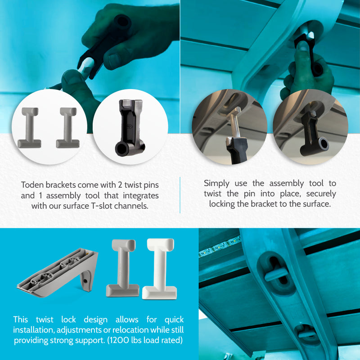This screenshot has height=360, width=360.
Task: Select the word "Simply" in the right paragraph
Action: (x=216, y=184)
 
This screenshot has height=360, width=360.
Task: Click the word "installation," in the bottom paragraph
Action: (x=33, y=330)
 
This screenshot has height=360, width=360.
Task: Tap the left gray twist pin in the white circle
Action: (x=29, y=128)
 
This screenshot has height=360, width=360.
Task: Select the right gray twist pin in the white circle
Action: (x=68, y=128)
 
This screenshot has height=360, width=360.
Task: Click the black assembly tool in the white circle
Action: (x=129, y=128)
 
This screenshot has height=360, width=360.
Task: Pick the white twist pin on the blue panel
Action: (x=160, y=269)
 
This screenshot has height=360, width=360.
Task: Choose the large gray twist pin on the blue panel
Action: (x=122, y=268)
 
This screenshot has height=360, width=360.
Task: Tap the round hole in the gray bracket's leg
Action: (x=85, y=281)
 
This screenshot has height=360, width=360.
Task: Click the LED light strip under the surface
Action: (x=220, y=246)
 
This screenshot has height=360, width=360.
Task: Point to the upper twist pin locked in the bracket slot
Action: (x=276, y=273)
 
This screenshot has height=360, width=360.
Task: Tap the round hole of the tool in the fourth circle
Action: (x=324, y=143)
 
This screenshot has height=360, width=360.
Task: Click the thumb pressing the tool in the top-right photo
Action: (x=302, y=55)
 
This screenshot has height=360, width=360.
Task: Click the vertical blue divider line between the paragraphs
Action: (x=180, y=195)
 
